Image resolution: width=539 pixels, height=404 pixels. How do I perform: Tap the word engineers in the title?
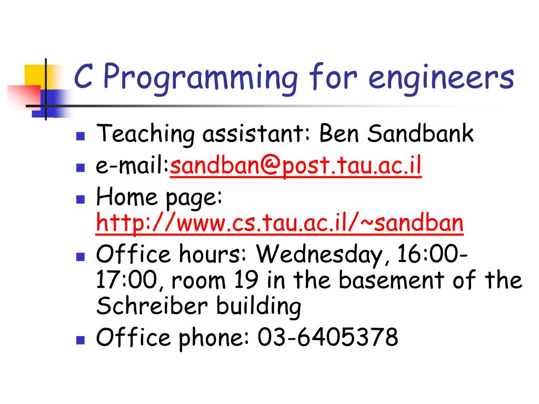tap(441, 78)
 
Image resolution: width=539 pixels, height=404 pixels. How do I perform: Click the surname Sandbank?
tap(421, 134)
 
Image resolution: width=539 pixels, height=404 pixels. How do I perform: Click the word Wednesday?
tap(326, 255)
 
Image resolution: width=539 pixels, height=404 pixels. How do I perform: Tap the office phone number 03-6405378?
tap(328, 337)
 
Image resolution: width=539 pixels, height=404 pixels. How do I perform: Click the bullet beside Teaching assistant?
tap(81, 136)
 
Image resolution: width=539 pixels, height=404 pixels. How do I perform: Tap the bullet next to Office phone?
tap(81, 339)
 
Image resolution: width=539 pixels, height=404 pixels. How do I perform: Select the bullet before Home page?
tap(81, 199)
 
